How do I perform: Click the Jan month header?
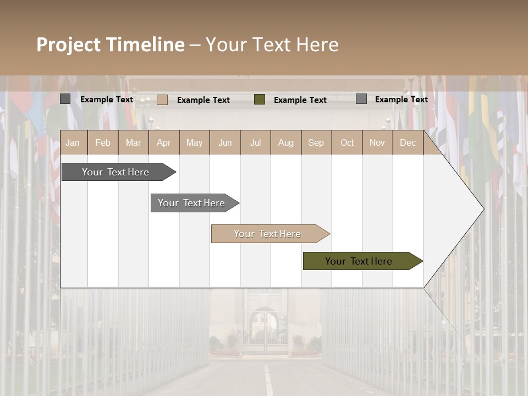(73, 142)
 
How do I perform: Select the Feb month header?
(103, 142)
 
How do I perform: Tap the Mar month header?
(133, 142)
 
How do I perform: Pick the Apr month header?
(164, 142)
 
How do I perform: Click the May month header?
(194, 142)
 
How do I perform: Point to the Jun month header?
(225, 142)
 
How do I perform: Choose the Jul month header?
(255, 142)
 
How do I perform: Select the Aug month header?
(286, 142)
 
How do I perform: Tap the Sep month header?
(316, 142)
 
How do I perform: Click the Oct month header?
(347, 142)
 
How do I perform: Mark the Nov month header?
(377, 142)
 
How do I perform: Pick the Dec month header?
(408, 142)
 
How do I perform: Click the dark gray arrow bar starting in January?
(116, 172)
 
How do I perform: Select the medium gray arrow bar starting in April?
(191, 203)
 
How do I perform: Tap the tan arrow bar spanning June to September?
(267, 234)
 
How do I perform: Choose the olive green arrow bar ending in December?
(359, 261)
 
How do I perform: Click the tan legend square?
(162, 100)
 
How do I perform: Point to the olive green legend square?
(260, 100)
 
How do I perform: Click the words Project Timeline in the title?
(111, 45)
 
